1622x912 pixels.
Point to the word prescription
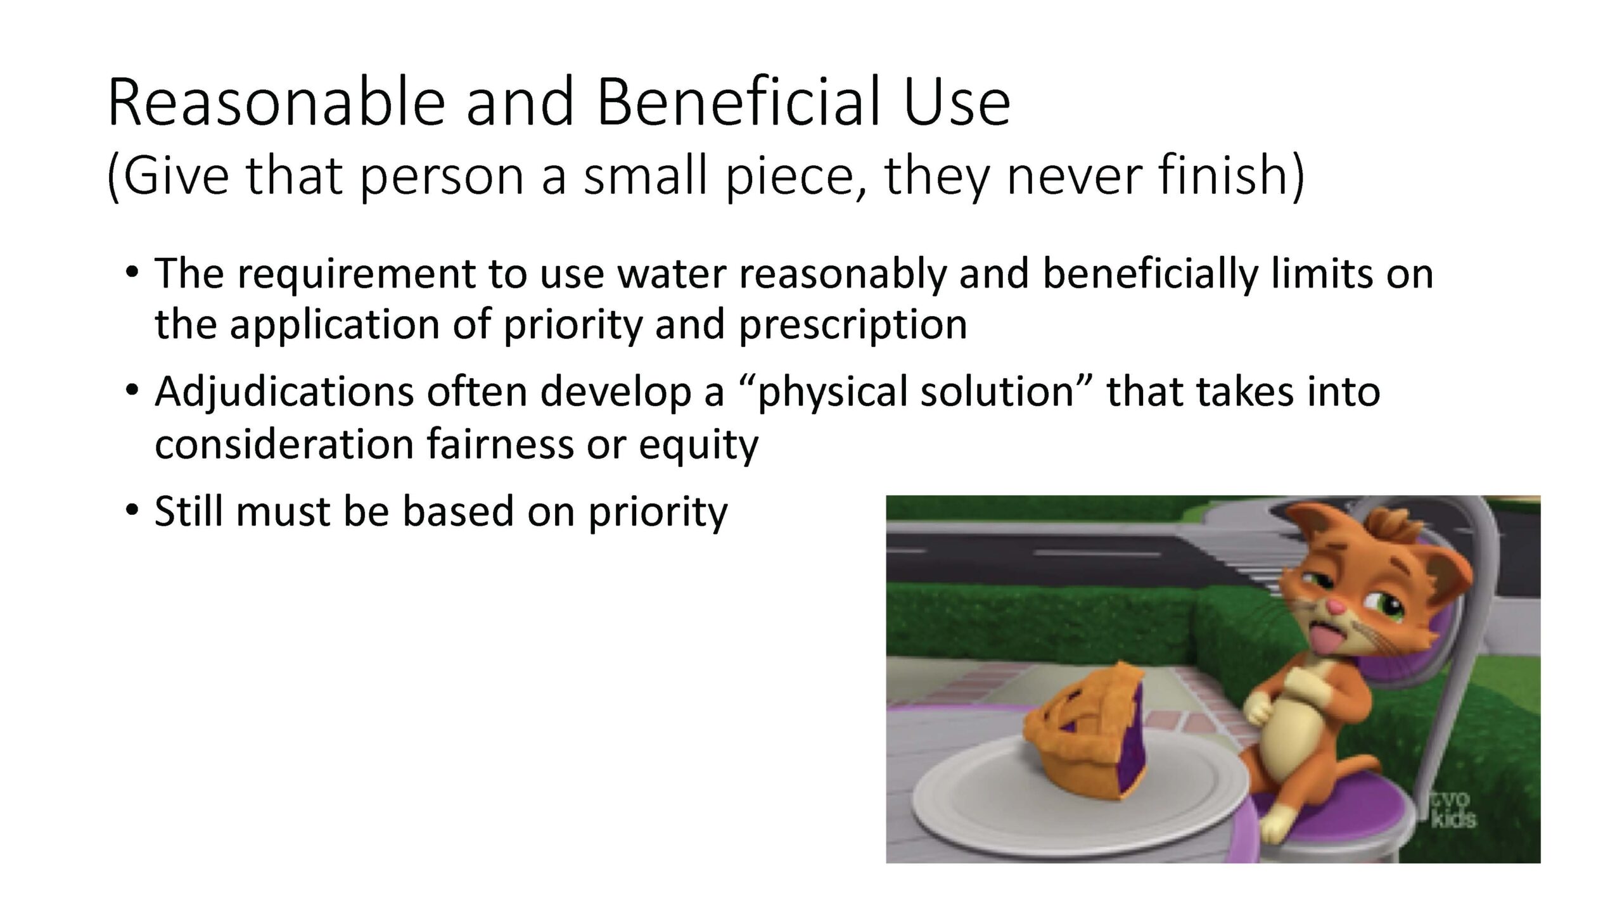click(x=853, y=326)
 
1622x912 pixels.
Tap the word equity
click(x=698, y=446)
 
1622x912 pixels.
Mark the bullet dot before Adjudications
click(x=131, y=391)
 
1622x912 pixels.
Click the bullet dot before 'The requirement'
click(x=131, y=273)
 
